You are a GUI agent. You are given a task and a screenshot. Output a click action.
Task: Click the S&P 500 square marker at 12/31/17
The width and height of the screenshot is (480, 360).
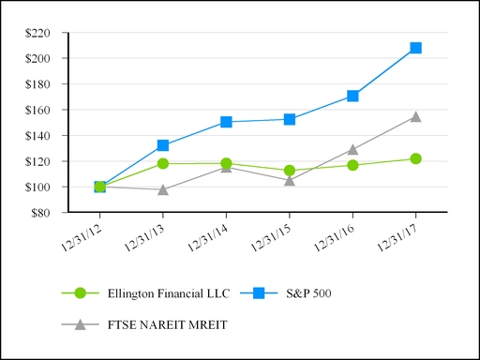pyautogui.click(x=415, y=48)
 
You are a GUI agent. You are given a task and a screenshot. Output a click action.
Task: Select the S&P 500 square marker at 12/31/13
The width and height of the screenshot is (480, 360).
pyautogui.click(x=163, y=145)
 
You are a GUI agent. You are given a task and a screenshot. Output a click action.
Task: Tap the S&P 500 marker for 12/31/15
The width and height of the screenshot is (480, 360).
pyautogui.click(x=290, y=119)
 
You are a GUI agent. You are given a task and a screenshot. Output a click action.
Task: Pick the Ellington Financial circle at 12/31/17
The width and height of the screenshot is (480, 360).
pyautogui.click(x=415, y=158)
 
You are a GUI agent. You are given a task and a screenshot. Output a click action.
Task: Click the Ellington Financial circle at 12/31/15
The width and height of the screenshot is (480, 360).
pyautogui.click(x=290, y=171)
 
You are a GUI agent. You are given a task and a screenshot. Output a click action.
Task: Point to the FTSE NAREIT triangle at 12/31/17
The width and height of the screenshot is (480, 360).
pyautogui.click(x=415, y=117)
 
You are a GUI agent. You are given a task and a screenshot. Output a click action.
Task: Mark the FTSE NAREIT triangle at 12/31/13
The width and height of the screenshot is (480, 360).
pyautogui.click(x=163, y=189)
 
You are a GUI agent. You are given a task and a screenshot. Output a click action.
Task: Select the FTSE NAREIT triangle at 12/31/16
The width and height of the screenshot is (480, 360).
pyautogui.click(x=352, y=149)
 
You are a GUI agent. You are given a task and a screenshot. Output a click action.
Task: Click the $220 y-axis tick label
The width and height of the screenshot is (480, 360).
pyautogui.click(x=42, y=33)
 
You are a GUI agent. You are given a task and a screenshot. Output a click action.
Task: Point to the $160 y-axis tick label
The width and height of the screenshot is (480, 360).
pyautogui.click(x=42, y=110)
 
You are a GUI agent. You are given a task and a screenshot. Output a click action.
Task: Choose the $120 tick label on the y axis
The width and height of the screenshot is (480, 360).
pyautogui.click(x=42, y=161)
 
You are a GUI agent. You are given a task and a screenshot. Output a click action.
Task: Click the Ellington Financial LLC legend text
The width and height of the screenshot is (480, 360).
pyautogui.click(x=153, y=292)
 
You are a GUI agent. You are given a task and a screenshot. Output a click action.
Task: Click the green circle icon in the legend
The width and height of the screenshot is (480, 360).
pyautogui.click(x=80, y=292)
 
